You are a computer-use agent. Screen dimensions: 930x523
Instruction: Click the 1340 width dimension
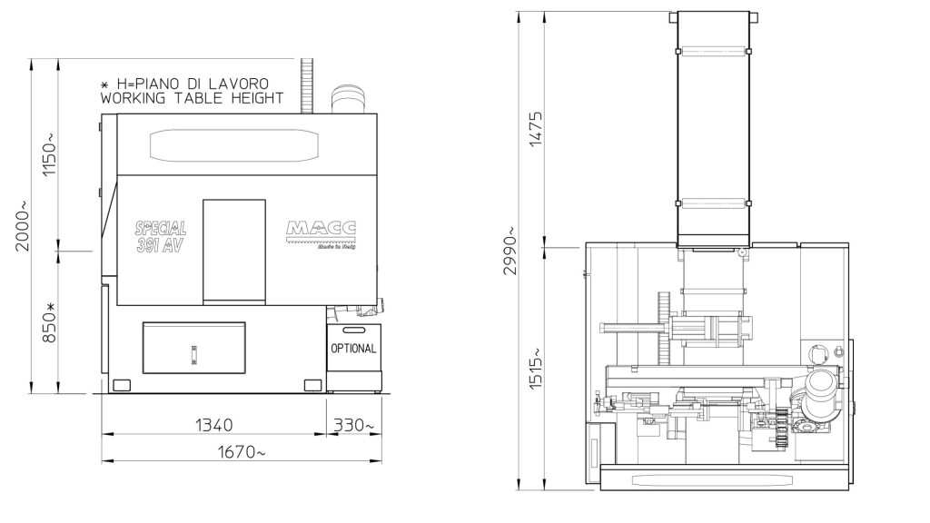point(214,425)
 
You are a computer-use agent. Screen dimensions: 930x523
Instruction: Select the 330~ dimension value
point(354,425)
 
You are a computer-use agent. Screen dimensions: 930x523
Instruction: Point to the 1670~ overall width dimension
point(242,452)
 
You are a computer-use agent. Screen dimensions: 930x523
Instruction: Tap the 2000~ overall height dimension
point(22,226)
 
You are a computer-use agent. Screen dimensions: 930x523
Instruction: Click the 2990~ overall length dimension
point(510,251)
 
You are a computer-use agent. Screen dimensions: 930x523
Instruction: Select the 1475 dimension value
point(535,129)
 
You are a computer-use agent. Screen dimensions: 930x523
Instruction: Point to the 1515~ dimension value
point(535,369)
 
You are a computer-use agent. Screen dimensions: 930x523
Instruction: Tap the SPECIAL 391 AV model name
point(161,237)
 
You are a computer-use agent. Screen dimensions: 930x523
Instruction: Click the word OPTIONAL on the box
point(353,348)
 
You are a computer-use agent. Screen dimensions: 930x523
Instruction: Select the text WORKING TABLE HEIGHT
point(193,98)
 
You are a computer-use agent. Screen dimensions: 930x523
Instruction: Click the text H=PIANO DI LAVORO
point(193,84)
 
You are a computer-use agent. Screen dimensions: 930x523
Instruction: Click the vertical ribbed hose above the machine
point(307,85)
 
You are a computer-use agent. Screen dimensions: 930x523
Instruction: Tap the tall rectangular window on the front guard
point(233,252)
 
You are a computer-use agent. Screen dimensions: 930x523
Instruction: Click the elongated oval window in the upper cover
point(234,145)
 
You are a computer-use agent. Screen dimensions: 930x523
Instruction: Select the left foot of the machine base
point(121,385)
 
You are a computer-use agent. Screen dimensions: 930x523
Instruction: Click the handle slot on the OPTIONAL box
point(353,330)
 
